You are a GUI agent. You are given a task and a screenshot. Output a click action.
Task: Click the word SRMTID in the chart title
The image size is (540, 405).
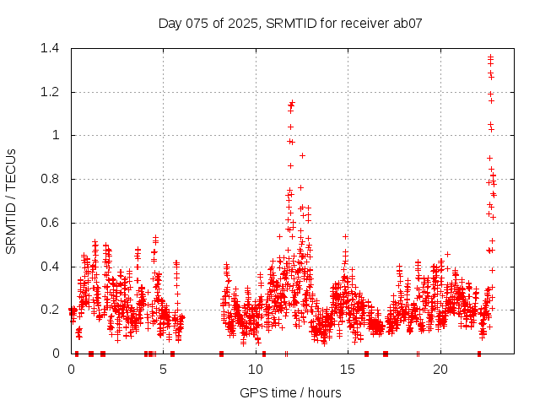pyautogui.click(x=288, y=23)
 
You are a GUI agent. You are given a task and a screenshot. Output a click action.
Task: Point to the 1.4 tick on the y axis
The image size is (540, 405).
pyautogui.click(x=55, y=48)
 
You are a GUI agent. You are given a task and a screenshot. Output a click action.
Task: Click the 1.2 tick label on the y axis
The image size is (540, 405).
pyautogui.click(x=55, y=92)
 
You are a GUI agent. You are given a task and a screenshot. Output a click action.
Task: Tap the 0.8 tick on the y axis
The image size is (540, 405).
pyautogui.click(x=55, y=179)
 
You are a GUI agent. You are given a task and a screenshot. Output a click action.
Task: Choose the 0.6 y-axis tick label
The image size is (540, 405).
pyautogui.click(x=55, y=223)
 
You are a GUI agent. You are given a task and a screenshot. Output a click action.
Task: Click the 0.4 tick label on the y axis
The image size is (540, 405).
pyautogui.click(x=55, y=267)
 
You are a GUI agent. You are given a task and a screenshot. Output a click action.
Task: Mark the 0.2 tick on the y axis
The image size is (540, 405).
pyautogui.click(x=55, y=310)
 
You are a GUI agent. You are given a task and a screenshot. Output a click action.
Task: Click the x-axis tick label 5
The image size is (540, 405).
pyautogui.click(x=164, y=370)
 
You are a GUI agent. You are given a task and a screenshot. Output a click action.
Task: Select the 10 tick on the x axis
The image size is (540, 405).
pyautogui.click(x=256, y=370)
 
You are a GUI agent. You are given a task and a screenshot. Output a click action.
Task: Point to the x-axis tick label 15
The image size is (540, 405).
pyautogui.click(x=348, y=370)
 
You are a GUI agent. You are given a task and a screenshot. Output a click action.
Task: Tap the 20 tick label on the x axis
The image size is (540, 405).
pyautogui.click(x=440, y=370)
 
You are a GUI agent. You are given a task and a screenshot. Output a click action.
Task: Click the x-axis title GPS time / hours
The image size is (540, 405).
pyautogui.click(x=290, y=392)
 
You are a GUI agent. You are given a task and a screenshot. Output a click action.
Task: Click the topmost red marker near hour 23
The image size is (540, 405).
pyautogui.click(x=490, y=57)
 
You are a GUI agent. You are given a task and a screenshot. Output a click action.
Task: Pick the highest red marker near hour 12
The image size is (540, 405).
pyautogui.click(x=292, y=103)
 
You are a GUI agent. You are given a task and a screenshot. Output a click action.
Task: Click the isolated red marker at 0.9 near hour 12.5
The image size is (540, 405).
pyautogui.click(x=302, y=155)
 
